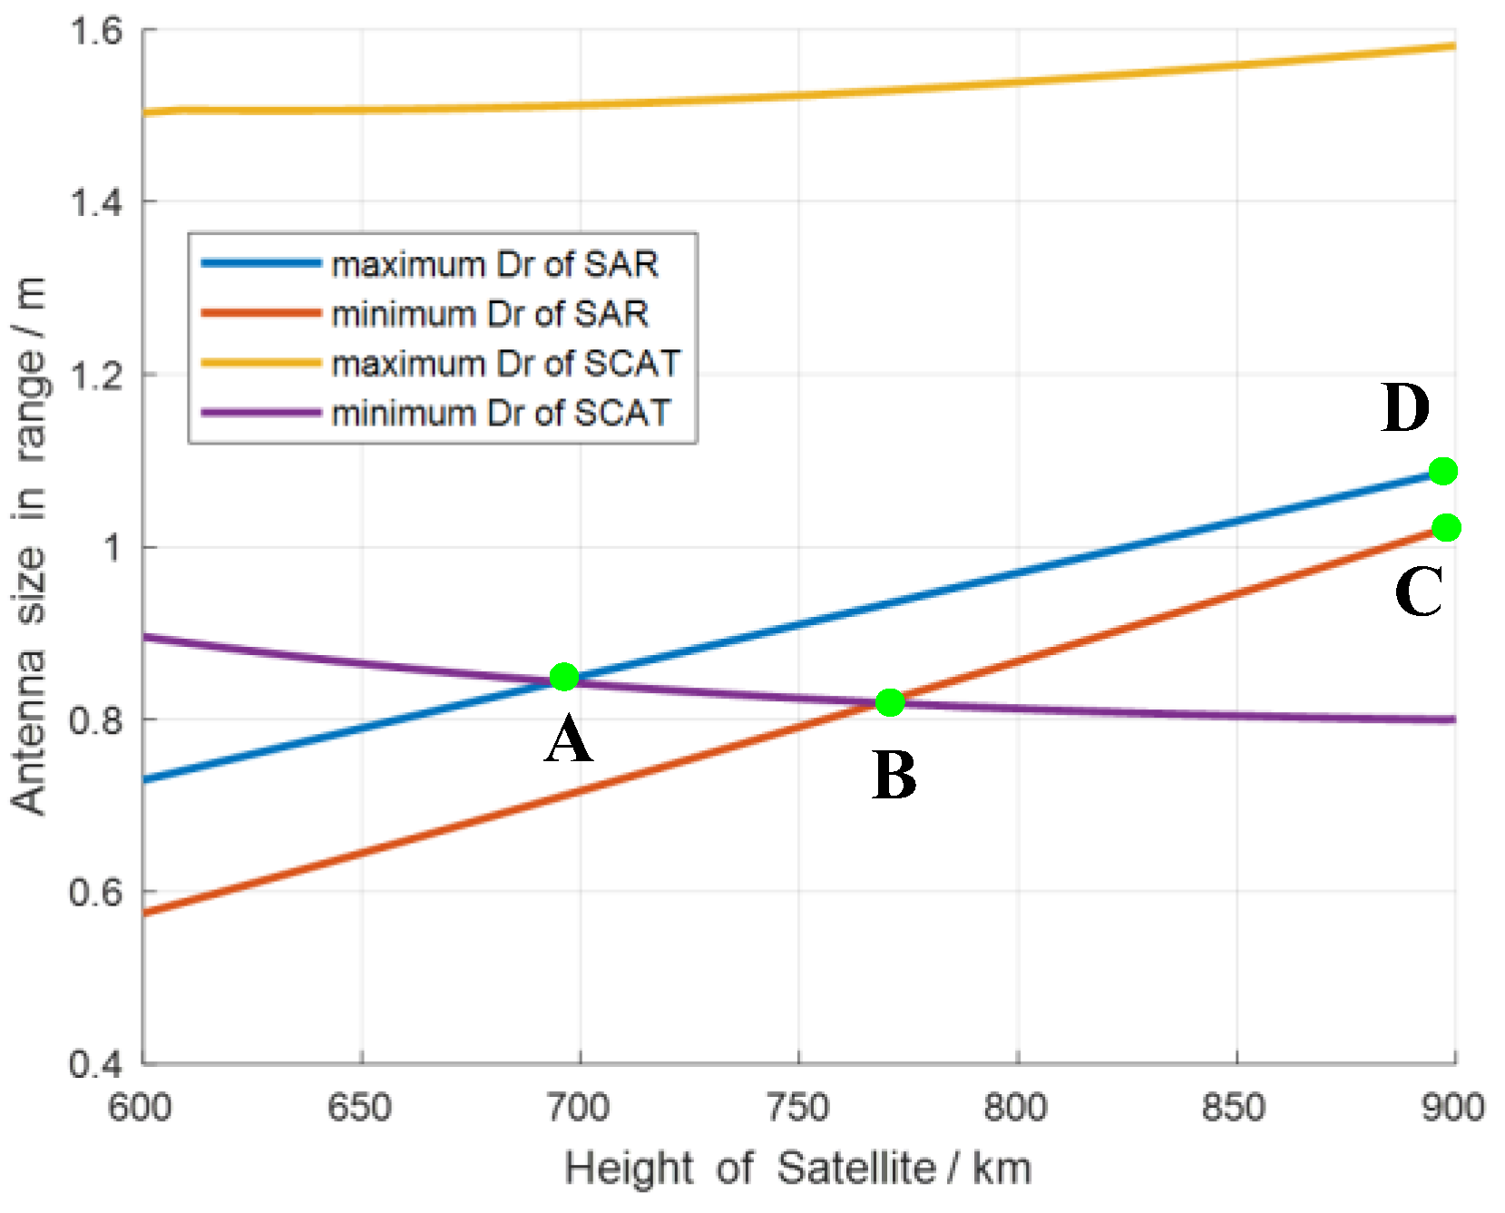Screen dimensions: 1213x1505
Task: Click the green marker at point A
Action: (x=564, y=677)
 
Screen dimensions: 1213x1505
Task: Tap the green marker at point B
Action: (x=890, y=702)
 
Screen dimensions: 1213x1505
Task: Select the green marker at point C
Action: (x=1446, y=527)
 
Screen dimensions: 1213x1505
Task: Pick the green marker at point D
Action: (x=1442, y=471)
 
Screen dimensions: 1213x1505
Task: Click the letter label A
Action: (x=569, y=740)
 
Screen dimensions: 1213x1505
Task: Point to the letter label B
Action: (x=894, y=777)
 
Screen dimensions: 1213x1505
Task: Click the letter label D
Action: (x=1405, y=408)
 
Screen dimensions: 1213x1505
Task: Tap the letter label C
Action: (x=1418, y=592)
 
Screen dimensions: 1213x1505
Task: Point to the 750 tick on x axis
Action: (x=797, y=1108)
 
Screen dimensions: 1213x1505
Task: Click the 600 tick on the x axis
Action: (x=141, y=1108)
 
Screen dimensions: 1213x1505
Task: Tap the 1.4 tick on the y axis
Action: (x=96, y=201)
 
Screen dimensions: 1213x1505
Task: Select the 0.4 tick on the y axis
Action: (x=96, y=1063)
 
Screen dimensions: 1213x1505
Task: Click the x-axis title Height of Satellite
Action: (x=797, y=1169)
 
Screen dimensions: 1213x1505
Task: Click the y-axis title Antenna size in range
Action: (x=29, y=544)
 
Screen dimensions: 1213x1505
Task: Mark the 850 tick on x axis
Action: (x=1235, y=1108)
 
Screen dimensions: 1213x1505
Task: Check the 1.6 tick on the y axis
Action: (x=96, y=30)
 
